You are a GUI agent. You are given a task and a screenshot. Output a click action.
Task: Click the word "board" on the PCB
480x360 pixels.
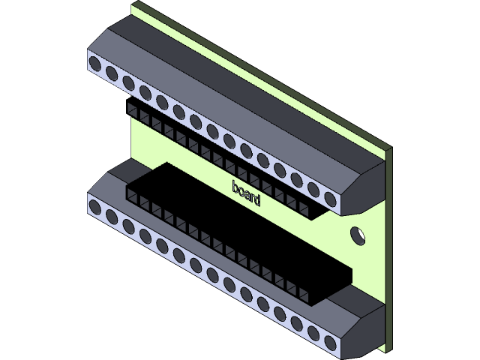[x=246, y=193]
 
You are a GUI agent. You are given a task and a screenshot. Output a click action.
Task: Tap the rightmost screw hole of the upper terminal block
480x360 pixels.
[x=331, y=198]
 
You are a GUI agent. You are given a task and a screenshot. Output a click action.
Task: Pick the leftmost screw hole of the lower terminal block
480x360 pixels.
[x=95, y=208]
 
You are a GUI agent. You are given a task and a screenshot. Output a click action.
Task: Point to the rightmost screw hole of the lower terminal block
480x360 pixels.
[x=331, y=343]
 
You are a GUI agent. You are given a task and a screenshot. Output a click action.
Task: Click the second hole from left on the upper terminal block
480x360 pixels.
[x=112, y=73]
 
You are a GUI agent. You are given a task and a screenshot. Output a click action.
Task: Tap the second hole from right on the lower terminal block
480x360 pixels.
[x=313, y=333]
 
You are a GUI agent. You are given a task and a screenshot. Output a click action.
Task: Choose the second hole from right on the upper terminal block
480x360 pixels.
[x=313, y=188]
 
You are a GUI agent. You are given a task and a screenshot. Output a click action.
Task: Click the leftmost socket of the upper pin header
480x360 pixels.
[x=133, y=110]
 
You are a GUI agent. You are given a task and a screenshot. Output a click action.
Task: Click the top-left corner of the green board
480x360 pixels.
[x=133, y=4]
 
